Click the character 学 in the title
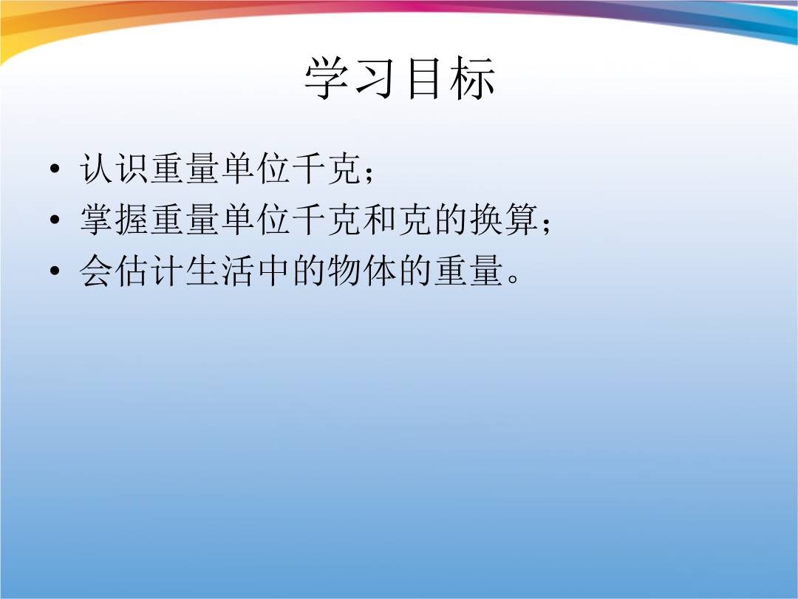click(x=326, y=78)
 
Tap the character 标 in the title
click(x=472, y=78)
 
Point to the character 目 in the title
click(x=424, y=78)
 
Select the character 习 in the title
click(x=375, y=78)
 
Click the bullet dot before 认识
click(x=55, y=169)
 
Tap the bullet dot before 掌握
click(x=55, y=220)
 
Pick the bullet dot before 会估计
click(x=55, y=271)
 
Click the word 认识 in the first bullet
click(x=114, y=169)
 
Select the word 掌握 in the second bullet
click(x=114, y=220)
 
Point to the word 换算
click(x=504, y=220)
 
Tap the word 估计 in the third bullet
click(x=149, y=271)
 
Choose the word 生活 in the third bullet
click(x=220, y=271)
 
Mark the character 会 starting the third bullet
click(x=96, y=271)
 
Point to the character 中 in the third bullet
click(x=274, y=271)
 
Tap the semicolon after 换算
click(x=547, y=225)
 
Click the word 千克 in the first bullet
click(x=327, y=169)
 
